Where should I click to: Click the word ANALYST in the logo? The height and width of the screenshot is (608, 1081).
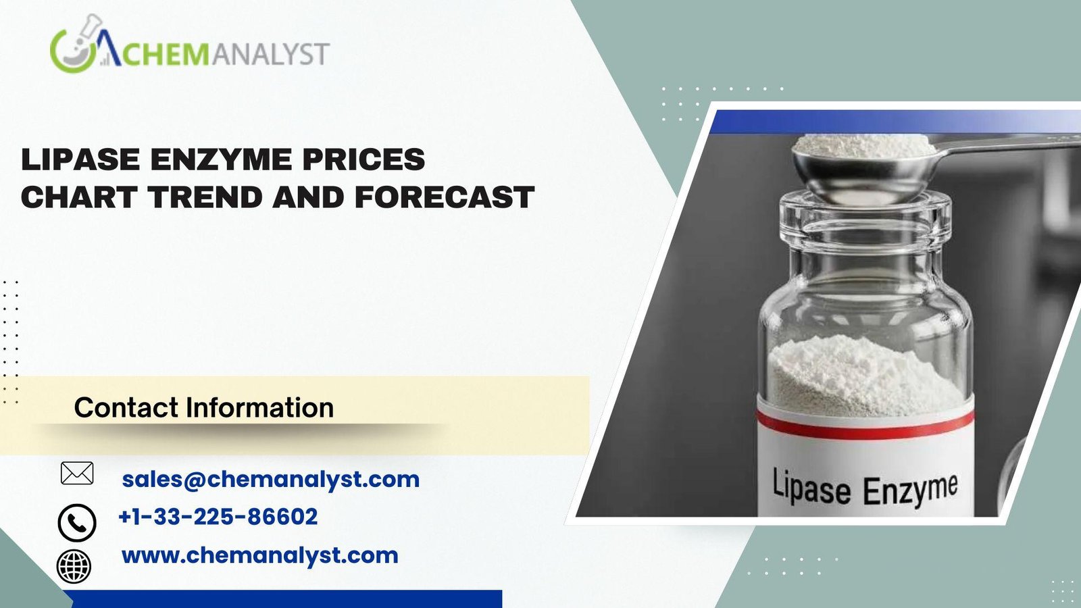[x=270, y=53]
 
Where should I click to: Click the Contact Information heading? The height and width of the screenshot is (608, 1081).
[x=203, y=407]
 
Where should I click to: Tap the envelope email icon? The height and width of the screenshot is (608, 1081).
[x=77, y=473]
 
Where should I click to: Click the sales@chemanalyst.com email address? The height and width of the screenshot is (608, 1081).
[x=271, y=480]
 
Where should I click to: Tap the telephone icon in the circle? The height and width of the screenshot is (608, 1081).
[x=77, y=523]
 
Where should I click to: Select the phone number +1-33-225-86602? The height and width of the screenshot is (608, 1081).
[x=218, y=516]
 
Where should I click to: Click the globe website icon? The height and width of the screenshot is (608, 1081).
[x=74, y=567]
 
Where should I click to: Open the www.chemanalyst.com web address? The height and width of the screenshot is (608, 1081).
[x=259, y=556]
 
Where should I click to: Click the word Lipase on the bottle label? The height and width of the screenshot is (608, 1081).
[x=811, y=486]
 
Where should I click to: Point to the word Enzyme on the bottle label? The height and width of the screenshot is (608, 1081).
[x=910, y=490]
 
